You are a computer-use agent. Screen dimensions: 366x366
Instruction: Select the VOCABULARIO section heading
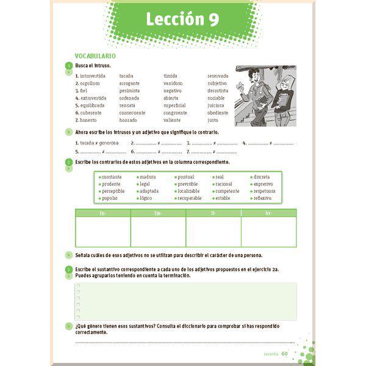click(x=95, y=56)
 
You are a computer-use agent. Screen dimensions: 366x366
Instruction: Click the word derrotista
click(x=218, y=90)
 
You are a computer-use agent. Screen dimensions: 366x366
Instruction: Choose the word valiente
click(x=172, y=120)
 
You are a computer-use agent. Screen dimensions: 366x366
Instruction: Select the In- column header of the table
click(x=102, y=213)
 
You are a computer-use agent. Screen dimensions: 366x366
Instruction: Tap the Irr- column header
click(x=268, y=213)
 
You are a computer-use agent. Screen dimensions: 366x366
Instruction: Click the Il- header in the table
click(x=213, y=213)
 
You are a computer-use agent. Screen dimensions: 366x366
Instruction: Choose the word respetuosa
click(x=264, y=191)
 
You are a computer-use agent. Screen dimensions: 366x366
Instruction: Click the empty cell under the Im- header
click(x=158, y=232)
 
